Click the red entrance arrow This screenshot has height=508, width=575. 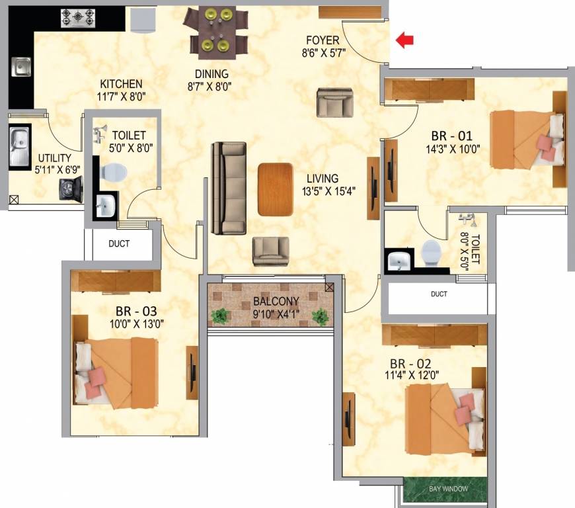point(404,40)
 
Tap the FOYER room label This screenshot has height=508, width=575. point(323,40)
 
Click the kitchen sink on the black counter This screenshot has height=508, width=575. point(20,66)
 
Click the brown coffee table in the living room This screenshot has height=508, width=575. point(275,189)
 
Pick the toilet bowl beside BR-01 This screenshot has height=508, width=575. point(431,251)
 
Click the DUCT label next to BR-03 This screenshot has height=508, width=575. point(119,243)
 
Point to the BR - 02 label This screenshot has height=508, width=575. point(406,364)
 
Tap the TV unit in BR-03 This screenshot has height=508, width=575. point(192,372)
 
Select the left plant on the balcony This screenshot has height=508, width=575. point(219,316)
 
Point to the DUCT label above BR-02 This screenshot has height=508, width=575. point(438,294)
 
